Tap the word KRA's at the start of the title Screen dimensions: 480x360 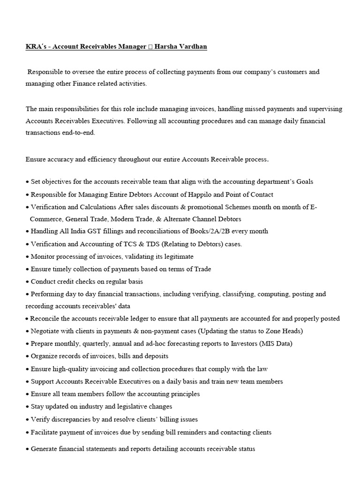(36, 47)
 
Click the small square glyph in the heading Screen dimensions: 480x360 (150, 47)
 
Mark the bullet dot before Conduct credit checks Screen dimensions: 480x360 (27, 282)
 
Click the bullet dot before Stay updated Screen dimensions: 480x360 (27, 407)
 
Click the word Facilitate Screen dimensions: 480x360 (45, 432)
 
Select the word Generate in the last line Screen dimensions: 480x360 (45, 449)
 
